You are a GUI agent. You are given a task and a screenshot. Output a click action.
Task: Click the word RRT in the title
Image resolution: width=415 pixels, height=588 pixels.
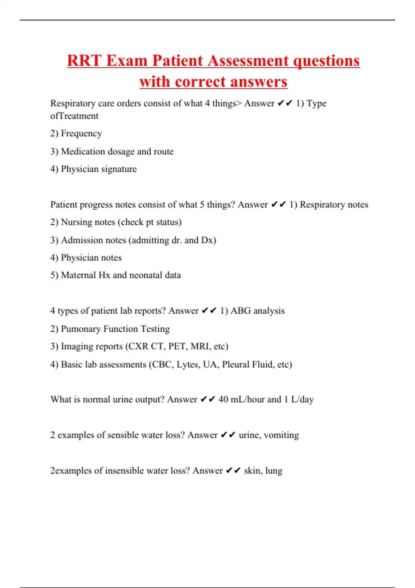(84, 61)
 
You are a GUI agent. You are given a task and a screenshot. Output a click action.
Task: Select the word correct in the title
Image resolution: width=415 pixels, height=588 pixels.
(200, 82)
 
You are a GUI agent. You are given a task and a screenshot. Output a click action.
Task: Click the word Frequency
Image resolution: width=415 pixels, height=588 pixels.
(81, 134)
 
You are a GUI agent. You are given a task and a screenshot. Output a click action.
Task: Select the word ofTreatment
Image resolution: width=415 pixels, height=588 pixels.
(74, 116)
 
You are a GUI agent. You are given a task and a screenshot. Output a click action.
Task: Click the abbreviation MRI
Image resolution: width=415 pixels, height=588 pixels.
(200, 346)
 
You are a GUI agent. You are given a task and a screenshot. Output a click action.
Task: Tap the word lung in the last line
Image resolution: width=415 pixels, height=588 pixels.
(274, 471)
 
